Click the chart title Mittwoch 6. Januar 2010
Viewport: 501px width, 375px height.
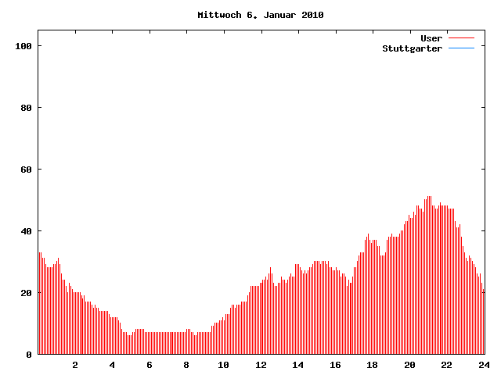pos(260,15)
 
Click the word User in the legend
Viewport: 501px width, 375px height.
pos(431,38)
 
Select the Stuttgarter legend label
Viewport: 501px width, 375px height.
pos(412,48)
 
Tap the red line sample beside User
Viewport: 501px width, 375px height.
pos(462,38)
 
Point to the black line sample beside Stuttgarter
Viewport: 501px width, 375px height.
pos(462,48)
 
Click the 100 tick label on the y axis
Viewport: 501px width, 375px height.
pos(23,46)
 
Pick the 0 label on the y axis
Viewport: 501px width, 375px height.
pos(29,355)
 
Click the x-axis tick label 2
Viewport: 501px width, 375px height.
pos(75,365)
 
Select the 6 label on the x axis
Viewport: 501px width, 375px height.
pos(150,365)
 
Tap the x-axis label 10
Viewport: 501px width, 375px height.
pos(223,365)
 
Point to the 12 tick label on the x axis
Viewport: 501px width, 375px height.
pos(261,365)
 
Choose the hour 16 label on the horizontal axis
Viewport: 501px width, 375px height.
pos(335,365)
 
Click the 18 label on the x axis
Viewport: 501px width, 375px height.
pos(372,365)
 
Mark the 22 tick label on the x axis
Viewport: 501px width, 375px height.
pos(446,365)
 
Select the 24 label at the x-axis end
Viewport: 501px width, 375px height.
pos(483,365)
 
